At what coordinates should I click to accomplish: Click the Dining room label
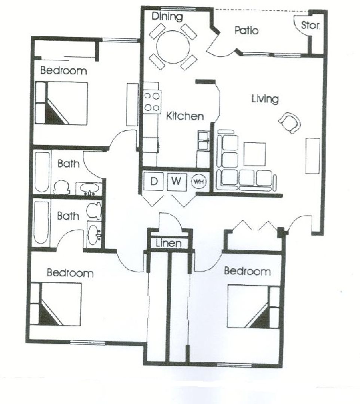click(167, 16)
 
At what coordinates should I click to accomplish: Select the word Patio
click(246, 30)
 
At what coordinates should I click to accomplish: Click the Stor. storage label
click(310, 25)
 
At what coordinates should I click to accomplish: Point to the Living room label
click(265, 99)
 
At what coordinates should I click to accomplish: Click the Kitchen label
click(185, 116)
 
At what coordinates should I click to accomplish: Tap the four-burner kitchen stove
click(152, 102)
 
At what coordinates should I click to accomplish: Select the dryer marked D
click(153, 181)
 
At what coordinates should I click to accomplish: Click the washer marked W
click(177, 181)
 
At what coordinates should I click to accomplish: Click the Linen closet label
click(168, 243)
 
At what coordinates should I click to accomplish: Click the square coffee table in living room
click(254, 154)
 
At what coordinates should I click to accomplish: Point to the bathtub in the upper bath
click(42, 172)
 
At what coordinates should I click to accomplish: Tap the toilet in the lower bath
click(94, 211)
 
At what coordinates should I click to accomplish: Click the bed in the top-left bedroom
click(61, 103)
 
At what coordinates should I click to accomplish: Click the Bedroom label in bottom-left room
click(70, 273)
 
